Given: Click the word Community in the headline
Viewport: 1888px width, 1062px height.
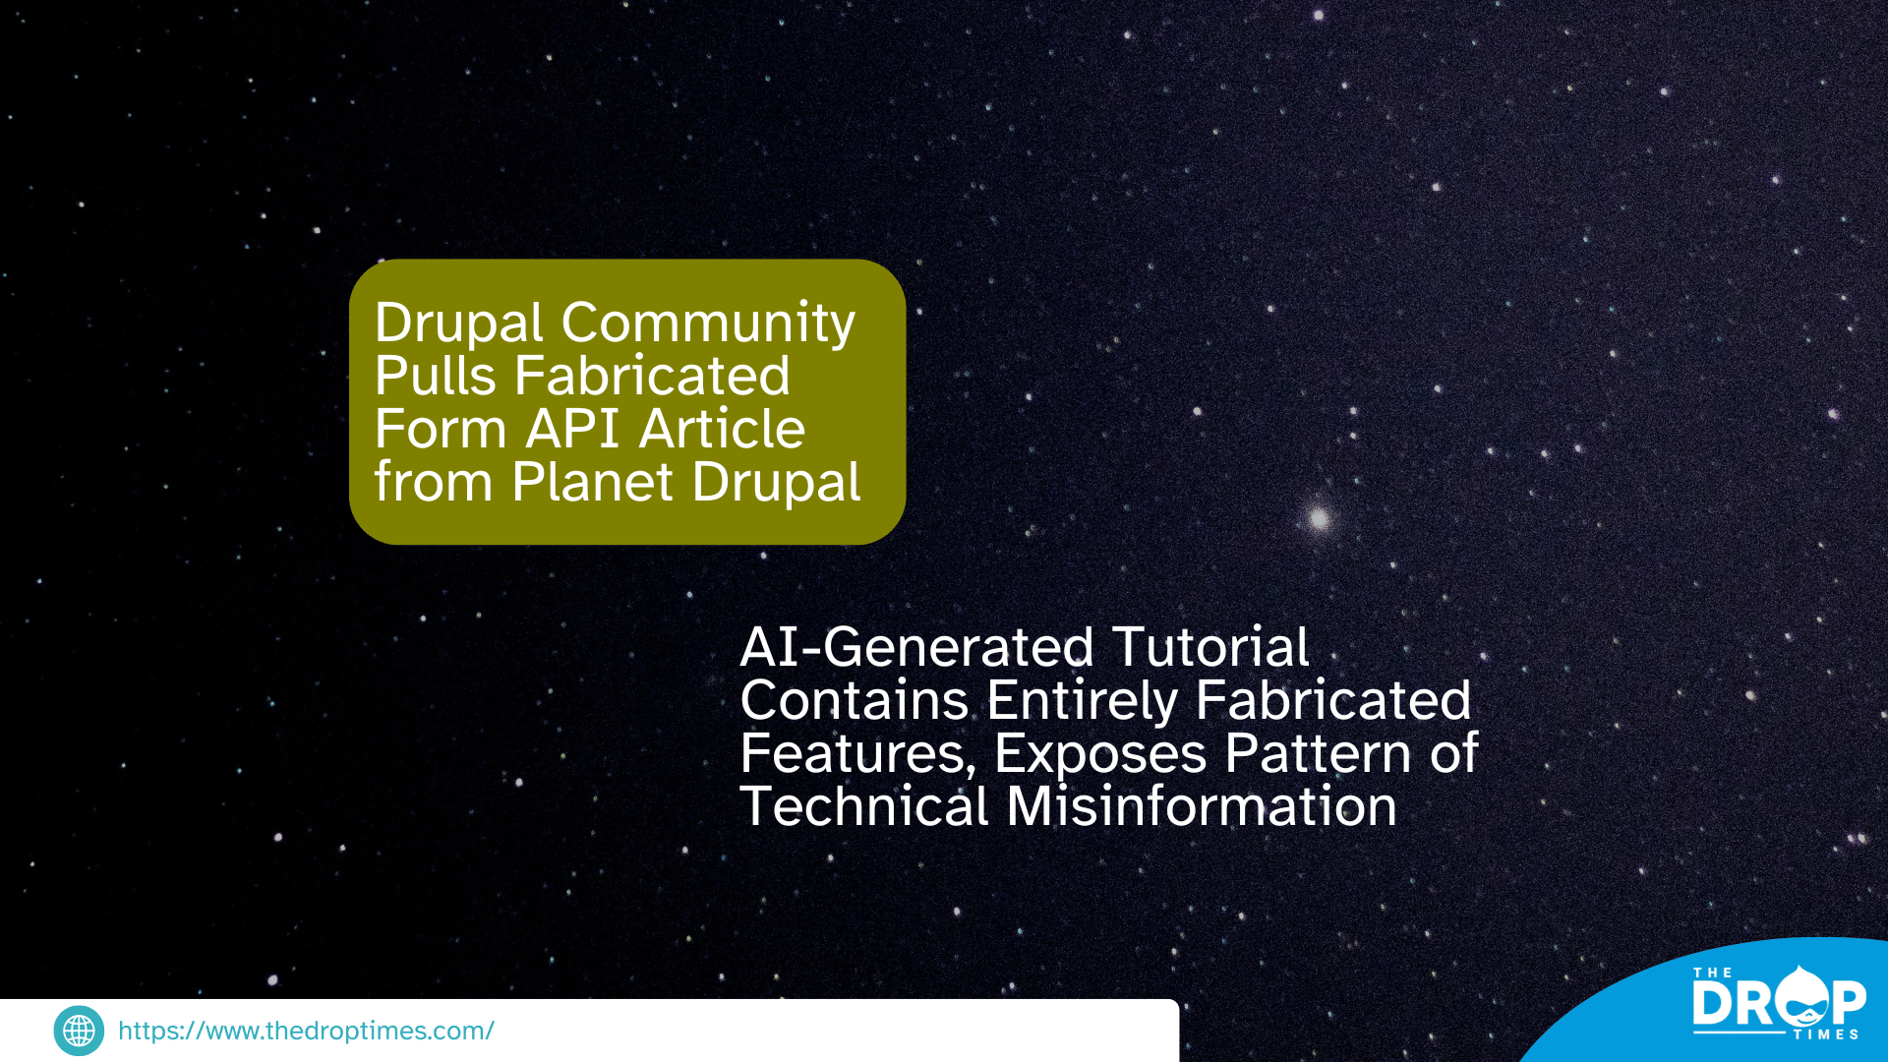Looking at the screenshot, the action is [708, 324].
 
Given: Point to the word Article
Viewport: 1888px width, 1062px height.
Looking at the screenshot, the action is [723, 429].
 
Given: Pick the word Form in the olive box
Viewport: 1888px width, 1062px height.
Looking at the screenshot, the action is [441, 429].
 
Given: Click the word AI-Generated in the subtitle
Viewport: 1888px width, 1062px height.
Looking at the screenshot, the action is [916, 647].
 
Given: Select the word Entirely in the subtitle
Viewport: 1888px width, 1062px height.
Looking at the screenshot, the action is [1082, 702].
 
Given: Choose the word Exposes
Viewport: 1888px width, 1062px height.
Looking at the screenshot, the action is [1100, 755].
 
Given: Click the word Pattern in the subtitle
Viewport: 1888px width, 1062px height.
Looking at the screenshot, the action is [1319, 753].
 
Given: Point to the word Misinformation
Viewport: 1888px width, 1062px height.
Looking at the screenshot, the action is [1202, 806].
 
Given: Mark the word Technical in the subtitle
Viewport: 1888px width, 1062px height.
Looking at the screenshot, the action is [864, 806].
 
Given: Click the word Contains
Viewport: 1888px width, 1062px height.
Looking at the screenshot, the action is [855, 700].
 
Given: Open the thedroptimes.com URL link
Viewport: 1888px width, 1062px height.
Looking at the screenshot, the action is [306, 1031].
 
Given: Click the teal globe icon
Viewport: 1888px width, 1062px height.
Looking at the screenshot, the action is [79, 1031].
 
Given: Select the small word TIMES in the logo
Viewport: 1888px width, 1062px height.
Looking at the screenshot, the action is [1826, 1034].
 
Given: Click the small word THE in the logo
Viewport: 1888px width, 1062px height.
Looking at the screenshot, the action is [1713, 973].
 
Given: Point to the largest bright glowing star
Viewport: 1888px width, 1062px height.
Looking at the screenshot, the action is [1319, 518].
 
